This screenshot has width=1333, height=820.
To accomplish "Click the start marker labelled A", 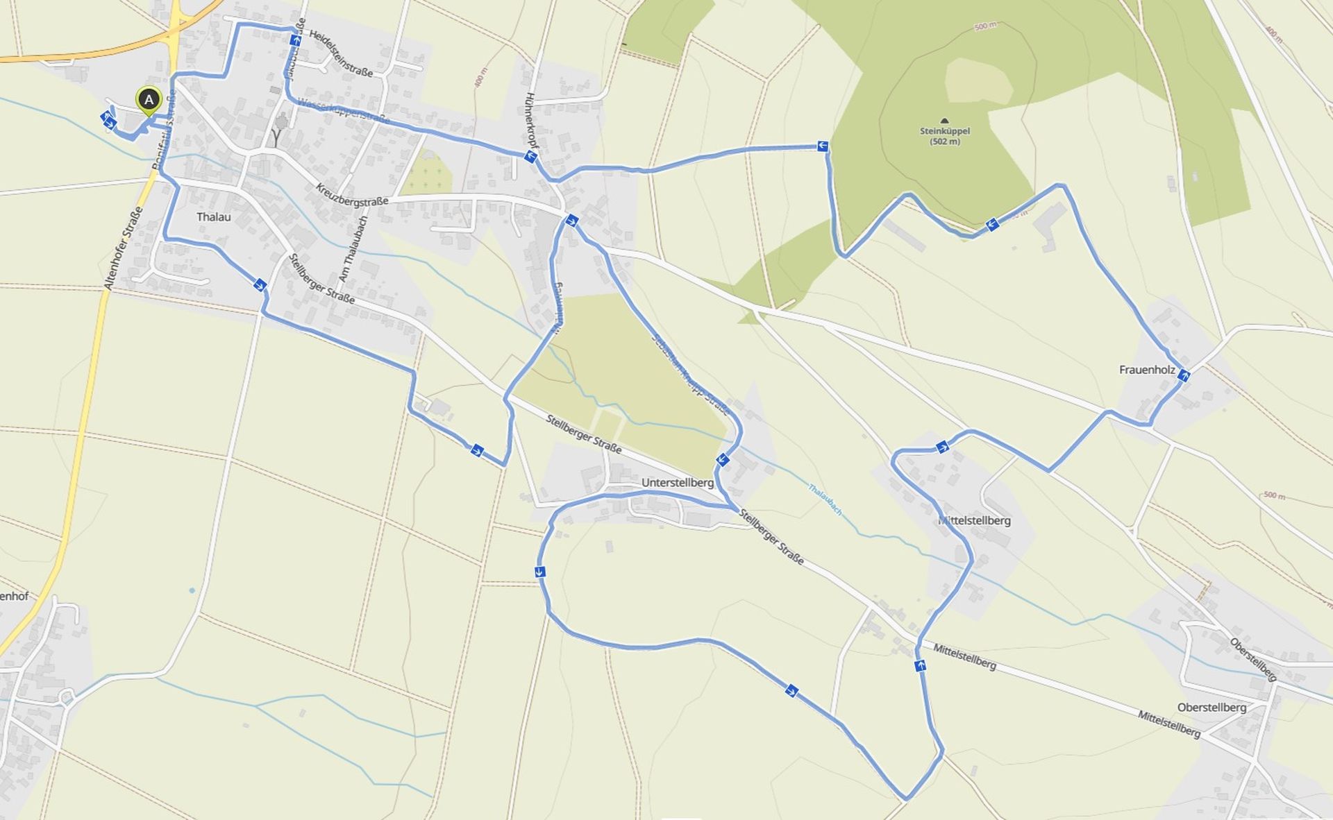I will tap(149, 100).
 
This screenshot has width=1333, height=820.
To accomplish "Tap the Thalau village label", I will tap(213, 217).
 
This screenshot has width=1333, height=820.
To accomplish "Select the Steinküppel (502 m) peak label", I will tap(945, 136).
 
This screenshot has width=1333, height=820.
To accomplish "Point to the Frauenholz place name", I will tap(1147, 370).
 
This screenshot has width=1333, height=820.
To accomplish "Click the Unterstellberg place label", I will tap(678, 483).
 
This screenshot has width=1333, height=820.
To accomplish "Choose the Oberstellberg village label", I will tap(1212, 708).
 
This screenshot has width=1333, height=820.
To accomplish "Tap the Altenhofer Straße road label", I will tap(123, 248).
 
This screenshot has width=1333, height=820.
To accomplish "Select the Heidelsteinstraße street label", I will tap(341, 53).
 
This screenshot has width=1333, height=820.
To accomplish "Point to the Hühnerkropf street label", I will tap(531, 121).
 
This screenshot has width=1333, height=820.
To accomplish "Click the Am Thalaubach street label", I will tap(353, 248).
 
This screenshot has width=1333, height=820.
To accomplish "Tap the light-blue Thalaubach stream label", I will tap(825, 499).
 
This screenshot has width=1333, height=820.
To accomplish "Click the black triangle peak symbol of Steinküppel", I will tap(944, 121).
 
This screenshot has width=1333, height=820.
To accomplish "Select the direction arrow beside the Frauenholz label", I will tap(1184, 375).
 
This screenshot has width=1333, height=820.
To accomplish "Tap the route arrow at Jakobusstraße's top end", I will tap(296, 40).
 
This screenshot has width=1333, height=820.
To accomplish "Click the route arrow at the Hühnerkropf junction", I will tap(530, 157).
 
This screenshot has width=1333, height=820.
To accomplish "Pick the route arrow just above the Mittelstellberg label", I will tap(942, 447).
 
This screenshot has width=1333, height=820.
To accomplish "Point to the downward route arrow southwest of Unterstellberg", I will tap(539, 572).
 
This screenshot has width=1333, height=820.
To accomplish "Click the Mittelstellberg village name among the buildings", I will tap(974, 520).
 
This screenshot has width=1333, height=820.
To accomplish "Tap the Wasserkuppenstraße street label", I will tap(343, 111).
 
